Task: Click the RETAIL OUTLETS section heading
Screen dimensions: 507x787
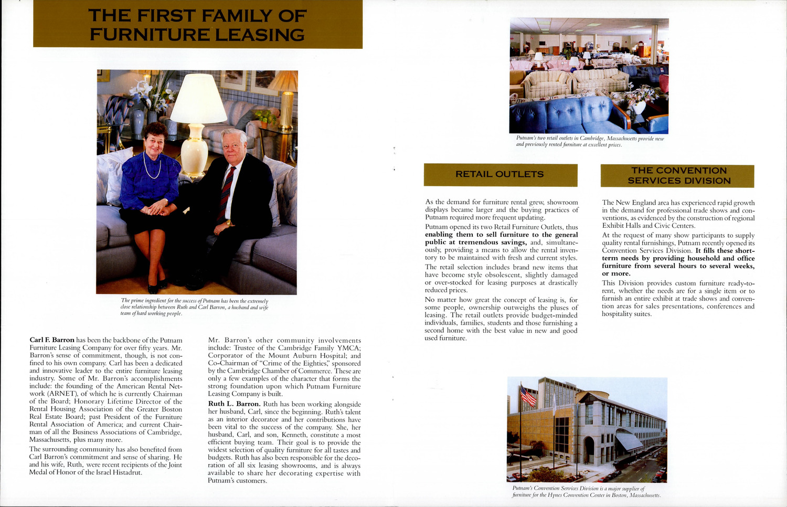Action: (x=499, y=174)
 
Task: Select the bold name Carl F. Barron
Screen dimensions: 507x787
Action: (x=52, y=340)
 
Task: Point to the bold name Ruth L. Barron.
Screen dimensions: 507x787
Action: (x=234, y=404)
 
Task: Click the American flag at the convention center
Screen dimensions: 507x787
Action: (x=528, y=396)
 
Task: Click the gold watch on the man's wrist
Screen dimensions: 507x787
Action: (x=229, y=224)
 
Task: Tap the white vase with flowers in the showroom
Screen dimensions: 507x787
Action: (x=638, y=107)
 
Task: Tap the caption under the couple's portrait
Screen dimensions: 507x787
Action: (x=194, y=307)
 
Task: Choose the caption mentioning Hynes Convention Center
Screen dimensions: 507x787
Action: (x=586, y=491)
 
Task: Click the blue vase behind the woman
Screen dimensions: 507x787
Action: (x=138, y=122)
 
